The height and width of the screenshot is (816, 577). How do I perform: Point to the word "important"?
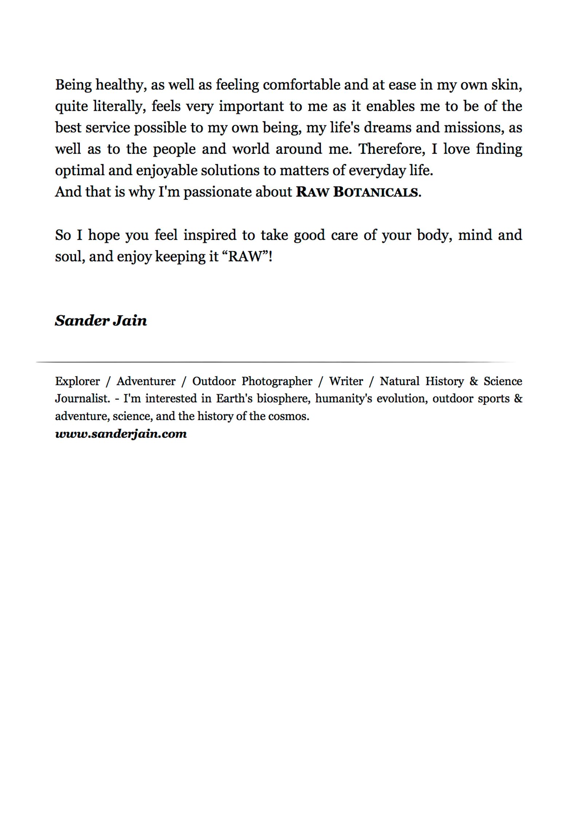(x=251, y=107)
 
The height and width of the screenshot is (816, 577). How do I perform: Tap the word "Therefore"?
(x=392, y=149)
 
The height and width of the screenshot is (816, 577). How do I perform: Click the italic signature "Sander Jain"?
(x=101, y=321)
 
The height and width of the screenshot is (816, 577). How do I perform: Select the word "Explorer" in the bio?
(x=77, y=381)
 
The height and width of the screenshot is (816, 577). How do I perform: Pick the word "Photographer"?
(x=276, y=381)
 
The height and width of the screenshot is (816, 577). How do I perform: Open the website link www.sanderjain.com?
(x=121, y=433)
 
